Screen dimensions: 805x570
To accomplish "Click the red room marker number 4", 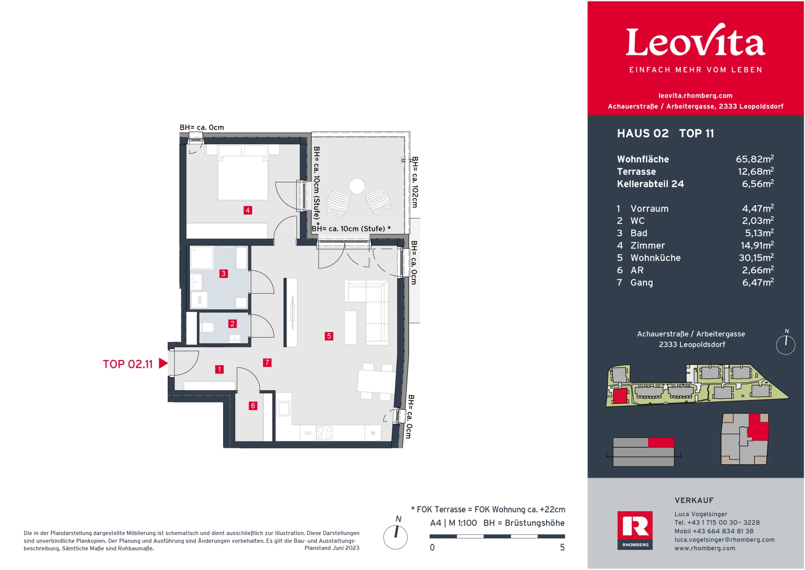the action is [x=248, y=210].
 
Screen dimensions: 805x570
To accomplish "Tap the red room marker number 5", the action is [x=329, y=336].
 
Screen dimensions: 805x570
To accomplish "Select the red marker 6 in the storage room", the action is [x=253, y=406].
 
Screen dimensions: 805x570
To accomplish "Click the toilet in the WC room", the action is [x=207, y=327].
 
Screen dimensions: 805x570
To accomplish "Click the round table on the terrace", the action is [x=357, y=186].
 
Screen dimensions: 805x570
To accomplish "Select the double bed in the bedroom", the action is [x=243, y=172].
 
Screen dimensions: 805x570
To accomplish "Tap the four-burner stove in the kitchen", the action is [x=325, y=433].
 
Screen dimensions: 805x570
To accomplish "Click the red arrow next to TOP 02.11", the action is [x=164, y=363].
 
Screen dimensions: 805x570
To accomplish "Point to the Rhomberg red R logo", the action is [x=635, y=530].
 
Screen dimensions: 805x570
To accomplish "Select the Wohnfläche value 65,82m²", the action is [x=755, y=159].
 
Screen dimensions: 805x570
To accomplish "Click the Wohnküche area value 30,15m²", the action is [x=756, y=258].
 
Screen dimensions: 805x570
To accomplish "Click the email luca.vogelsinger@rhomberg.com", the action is [x=724, y=540].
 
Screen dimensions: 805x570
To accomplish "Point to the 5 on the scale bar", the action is [x=562, y=547].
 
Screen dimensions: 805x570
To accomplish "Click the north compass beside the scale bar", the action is [x=395, y=537].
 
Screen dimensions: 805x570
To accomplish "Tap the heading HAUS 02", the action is [x=643, y=133].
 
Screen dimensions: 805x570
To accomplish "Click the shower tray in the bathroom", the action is [x=202, y=257].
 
